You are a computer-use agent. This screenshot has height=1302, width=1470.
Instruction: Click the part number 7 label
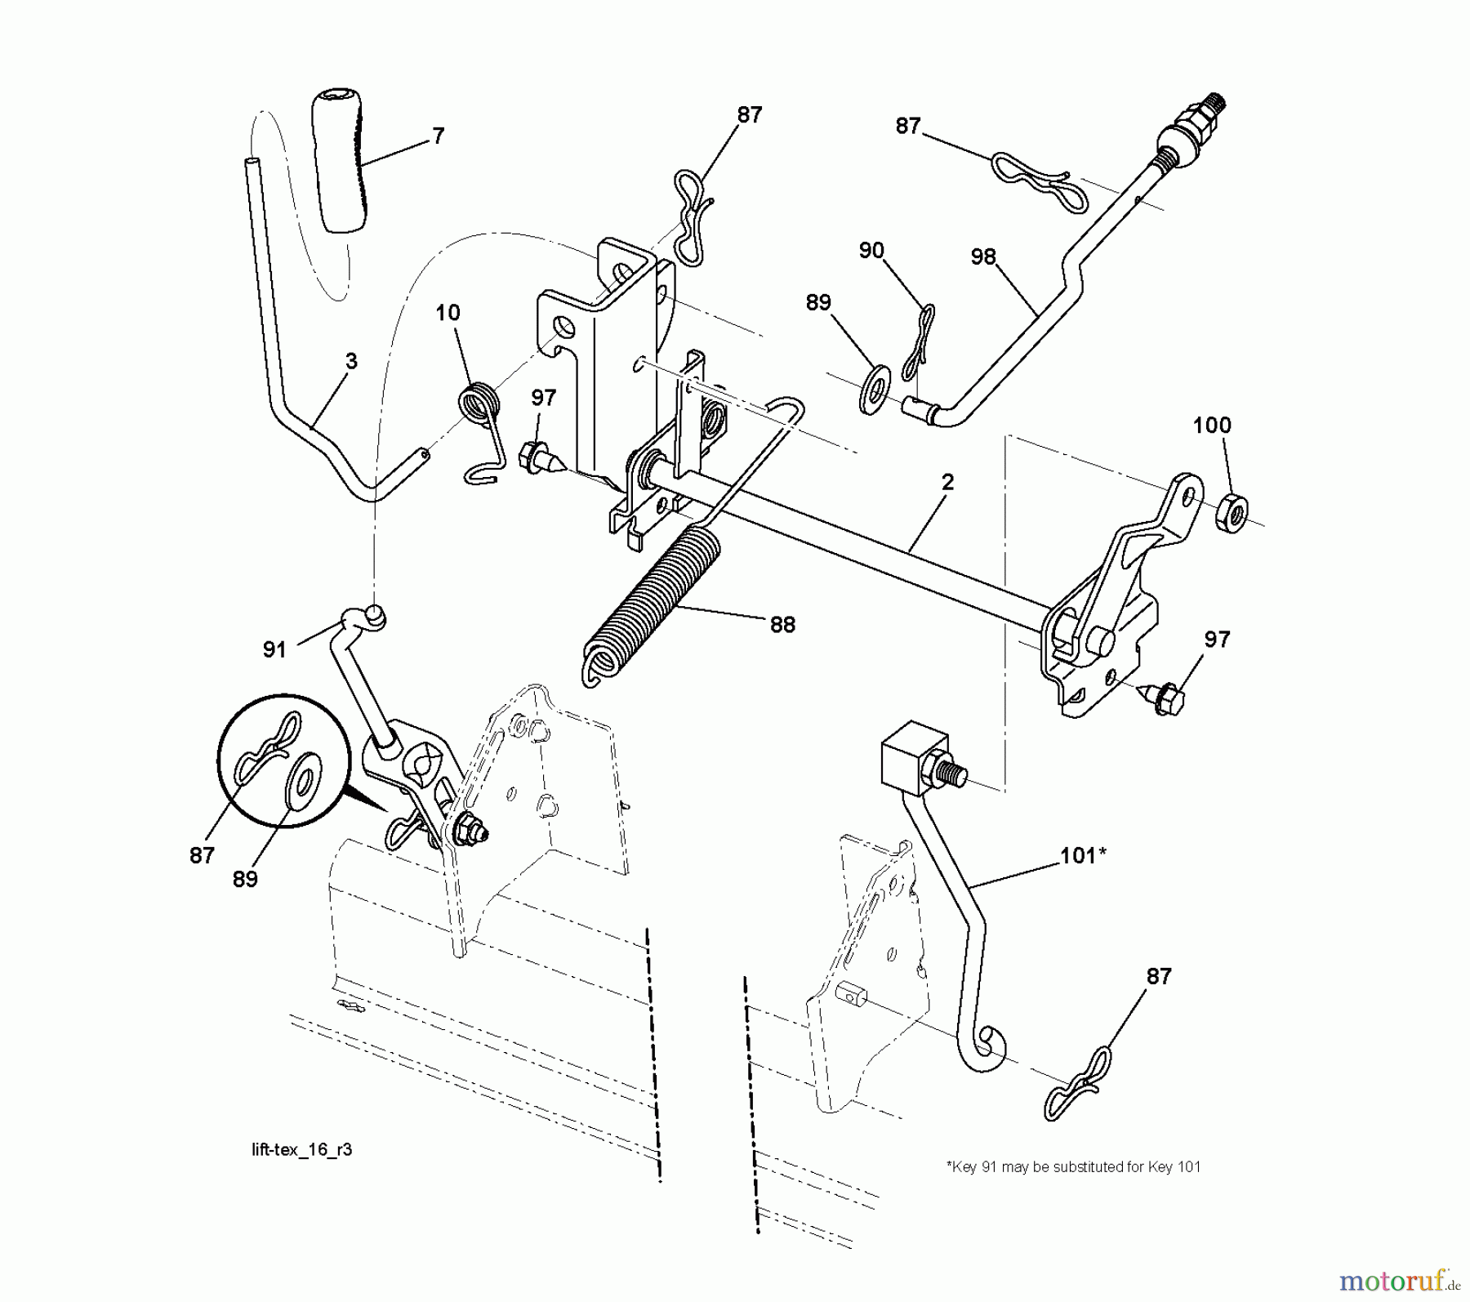pyautogui.click(x=438, y=136)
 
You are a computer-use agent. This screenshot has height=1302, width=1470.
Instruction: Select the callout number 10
pyautogui.click(x=448, y=312)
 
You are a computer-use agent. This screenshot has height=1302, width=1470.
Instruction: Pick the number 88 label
pyautogui.click(x=782, y=625)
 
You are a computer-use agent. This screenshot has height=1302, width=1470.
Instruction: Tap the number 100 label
pyautogui.click(x=1212, y=426)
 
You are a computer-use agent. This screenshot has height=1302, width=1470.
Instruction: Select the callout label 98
pyautogui.click(x=983, y=257)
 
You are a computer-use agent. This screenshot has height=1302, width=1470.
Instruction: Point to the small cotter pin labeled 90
pyautogui.click(x=918, y=343)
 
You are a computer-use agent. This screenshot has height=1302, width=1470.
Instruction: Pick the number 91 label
pyautogui.click(x=274, y=649)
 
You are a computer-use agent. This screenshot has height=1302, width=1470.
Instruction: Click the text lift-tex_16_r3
pyautogui.click(x=301, y=1149)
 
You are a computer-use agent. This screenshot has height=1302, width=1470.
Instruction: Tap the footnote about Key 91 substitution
pyautogui.click(x=1072, y=1167)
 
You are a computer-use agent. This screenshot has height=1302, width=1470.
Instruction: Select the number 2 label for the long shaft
pyautogui.click(x=947, y=482)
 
